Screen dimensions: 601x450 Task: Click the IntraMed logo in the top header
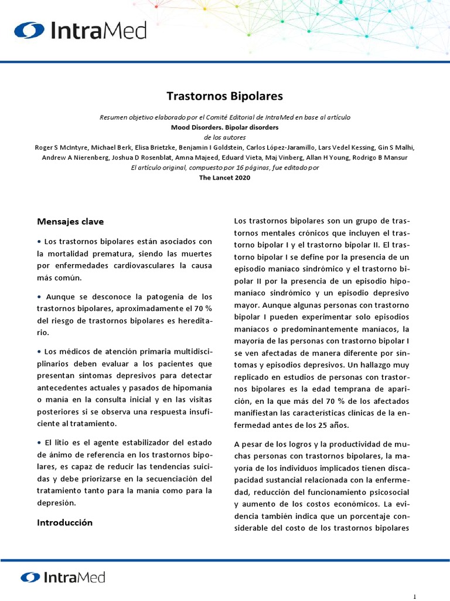pos(80,31)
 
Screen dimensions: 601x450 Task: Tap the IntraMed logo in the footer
pos(63,578)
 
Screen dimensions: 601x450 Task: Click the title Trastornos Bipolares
pos(224,96)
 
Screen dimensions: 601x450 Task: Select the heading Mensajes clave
pos(70,222)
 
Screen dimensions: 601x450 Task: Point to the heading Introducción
pos(64,522)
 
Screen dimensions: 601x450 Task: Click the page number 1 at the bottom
pos(415,596)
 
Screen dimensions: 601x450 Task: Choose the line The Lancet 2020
pos(225,178)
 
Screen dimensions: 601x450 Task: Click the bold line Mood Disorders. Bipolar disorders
pos(224,127)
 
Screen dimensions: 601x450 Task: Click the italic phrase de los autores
pos(224,137)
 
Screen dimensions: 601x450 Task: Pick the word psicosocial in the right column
pos(388,492)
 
